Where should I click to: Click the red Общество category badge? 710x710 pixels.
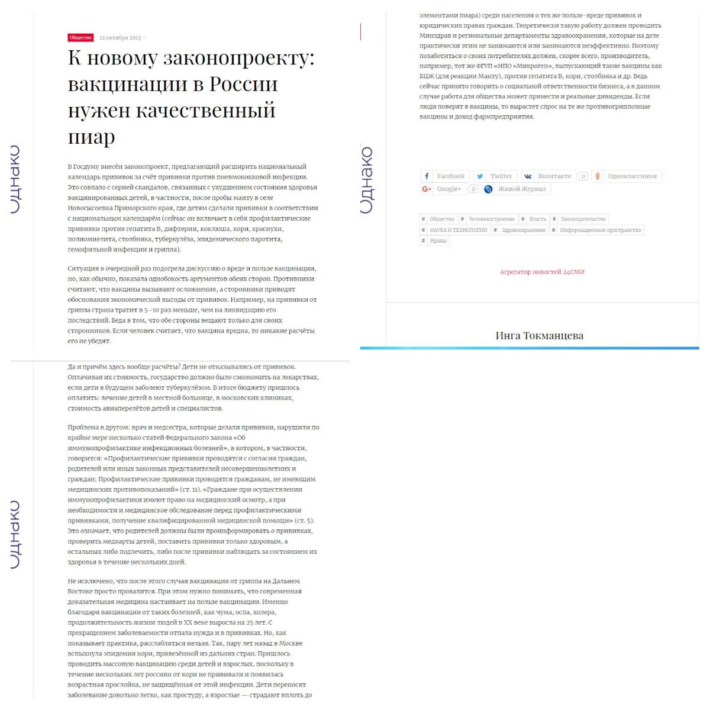coord(80,38)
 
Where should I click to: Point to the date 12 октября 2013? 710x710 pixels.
coord(120,38)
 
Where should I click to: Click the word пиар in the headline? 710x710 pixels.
coord(91,137)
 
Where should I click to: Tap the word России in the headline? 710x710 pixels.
coord(243,84)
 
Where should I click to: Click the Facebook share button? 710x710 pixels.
coord(445,176)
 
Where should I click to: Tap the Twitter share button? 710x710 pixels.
coord(495,176)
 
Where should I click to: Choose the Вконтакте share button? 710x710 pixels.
coord(548,176)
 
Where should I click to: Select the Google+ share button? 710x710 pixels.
coord(443,189)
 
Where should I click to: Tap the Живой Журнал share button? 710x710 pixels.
coord(515,189)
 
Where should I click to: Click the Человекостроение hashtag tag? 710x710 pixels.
coord(491,220)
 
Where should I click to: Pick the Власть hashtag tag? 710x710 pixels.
coord(537,220)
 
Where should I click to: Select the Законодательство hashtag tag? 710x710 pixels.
coord(583,220)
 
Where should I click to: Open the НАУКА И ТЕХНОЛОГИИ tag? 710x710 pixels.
coord(458,230)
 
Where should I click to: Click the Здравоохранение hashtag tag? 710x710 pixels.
coord(523,230)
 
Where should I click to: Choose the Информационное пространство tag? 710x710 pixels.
coord(600,230)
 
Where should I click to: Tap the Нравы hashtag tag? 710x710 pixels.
coord(438,241)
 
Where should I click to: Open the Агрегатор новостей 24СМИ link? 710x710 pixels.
coord(542,272)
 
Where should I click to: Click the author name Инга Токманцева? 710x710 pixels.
coord(539,335)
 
